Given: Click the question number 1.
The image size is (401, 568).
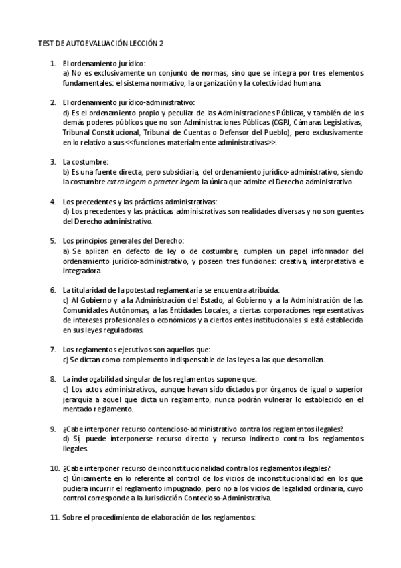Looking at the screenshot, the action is pos(53,63).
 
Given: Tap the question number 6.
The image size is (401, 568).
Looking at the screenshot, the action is pos(53,290).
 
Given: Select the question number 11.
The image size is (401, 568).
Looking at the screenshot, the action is pos(54,517).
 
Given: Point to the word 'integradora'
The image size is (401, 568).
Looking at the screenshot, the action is pos(83,271).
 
